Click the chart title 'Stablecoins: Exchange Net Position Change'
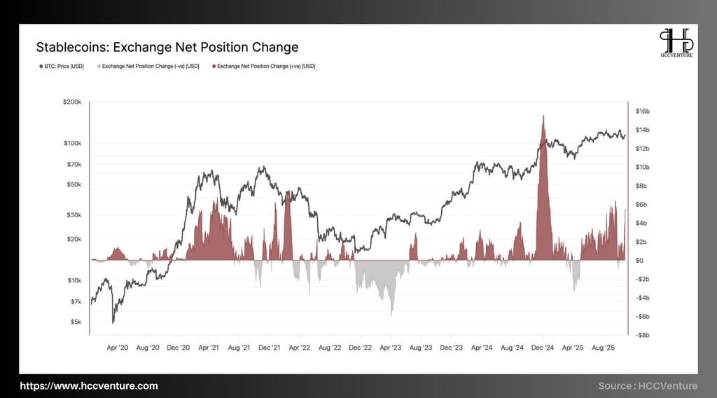pos(167,48)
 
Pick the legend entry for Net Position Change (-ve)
pos(151,67)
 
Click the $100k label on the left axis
pos(72,143)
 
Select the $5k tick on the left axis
pos(76,322)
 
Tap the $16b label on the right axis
pos(643,111)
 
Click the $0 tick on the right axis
pos(639,261)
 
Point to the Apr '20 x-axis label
pos(117,347)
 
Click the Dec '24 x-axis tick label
pos(543,347)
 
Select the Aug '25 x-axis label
pos(603,347)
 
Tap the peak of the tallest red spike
pos(543,116)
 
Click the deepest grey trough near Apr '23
pos(391,315)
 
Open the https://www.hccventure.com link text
pos(89,386)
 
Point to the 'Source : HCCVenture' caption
pos(648,386)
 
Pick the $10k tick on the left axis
pos(74,280)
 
